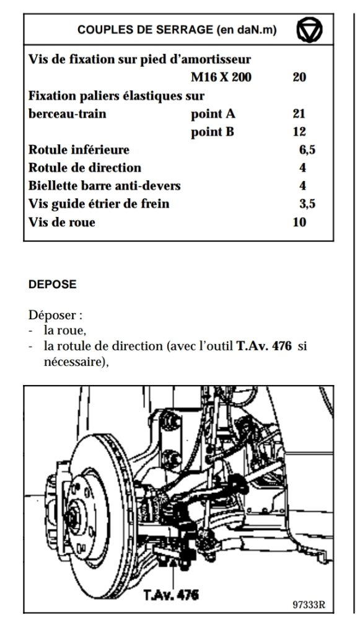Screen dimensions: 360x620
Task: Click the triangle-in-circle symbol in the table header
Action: click(x=309, y=30)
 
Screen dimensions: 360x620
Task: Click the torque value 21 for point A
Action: click(x=299, y=114)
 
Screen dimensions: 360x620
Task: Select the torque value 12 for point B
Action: click(x=299, y=131)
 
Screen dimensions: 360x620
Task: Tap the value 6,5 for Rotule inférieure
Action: click(x=307, y=150)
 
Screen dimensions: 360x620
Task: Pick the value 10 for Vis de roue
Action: click(x=299, y=222)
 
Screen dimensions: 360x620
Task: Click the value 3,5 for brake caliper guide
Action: click(x=307, y=204)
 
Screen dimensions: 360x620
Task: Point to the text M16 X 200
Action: click(x=221, y=77)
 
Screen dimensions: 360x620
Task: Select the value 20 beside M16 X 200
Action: click(x=299, y=77)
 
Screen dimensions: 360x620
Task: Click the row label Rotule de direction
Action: click(x=84, y=167)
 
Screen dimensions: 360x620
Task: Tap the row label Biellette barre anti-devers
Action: click(x=104, y=186)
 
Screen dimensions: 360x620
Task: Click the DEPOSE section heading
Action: click(x=52, y=285)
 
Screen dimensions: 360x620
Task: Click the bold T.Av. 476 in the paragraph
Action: click(x=264, y=347)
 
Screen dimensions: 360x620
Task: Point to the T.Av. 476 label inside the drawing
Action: click(x=171, y=595)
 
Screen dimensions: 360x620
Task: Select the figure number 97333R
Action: click(x=309, y=605)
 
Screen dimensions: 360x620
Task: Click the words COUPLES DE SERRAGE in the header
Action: click(x=145, y=30)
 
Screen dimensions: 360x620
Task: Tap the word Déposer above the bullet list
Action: click(x=55, y=316)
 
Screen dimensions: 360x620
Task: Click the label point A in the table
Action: click(x=213, y=114)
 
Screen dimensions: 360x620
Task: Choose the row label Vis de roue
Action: click(x=61, y=222)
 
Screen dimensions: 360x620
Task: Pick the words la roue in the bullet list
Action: click(x=65, y=331)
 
